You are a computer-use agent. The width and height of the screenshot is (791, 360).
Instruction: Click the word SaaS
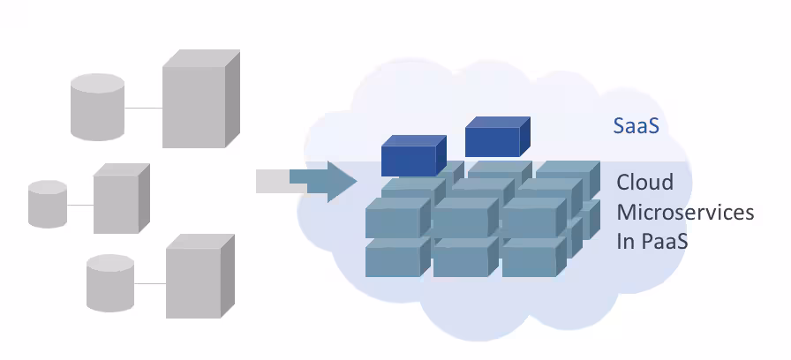pyautogui.click(x=636, y=126)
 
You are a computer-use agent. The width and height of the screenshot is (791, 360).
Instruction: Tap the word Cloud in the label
pyautogui.click(x=644, y=184)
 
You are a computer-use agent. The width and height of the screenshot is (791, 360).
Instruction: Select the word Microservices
pyautogui.click(x=685, y=213)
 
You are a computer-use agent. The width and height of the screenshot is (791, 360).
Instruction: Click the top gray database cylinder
pyautogui.click(x=98, y=108)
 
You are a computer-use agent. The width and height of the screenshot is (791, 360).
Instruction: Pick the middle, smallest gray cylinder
pyautogui.click(x=48, y=204)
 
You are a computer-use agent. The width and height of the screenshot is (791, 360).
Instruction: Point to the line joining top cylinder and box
pyautogui.click(x=143, y=108)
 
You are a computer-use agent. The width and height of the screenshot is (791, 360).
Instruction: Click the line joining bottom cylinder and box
pyautogui.click(x=149, y=283)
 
